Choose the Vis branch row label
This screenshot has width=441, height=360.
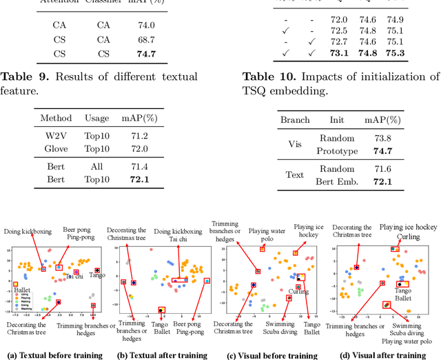click(x=294, y=144)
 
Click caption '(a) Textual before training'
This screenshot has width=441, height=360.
click(x=54, y=355)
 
